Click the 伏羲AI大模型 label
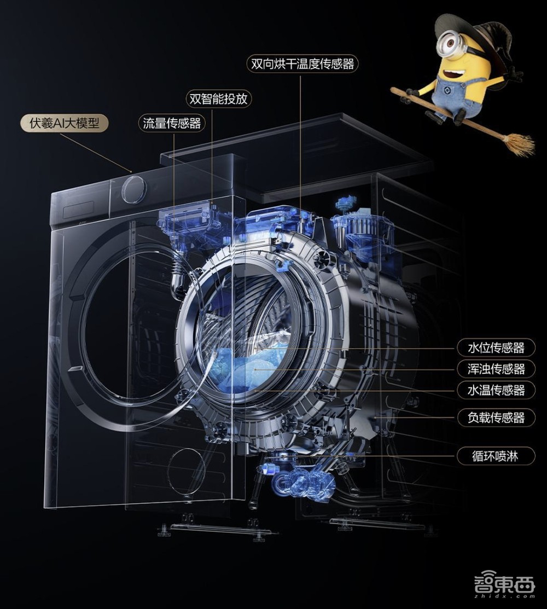coord(65,124)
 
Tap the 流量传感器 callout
coord(172,124)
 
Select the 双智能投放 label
coord(218,98)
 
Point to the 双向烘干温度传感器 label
coord(302,63)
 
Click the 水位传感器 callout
coord(496,347)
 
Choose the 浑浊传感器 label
coord(496,369)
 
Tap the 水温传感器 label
coord(496,390)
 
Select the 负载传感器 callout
coord(496,418)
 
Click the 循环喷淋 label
coord(496,456)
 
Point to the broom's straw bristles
coord(519,144)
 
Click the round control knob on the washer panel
coord(135,189)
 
